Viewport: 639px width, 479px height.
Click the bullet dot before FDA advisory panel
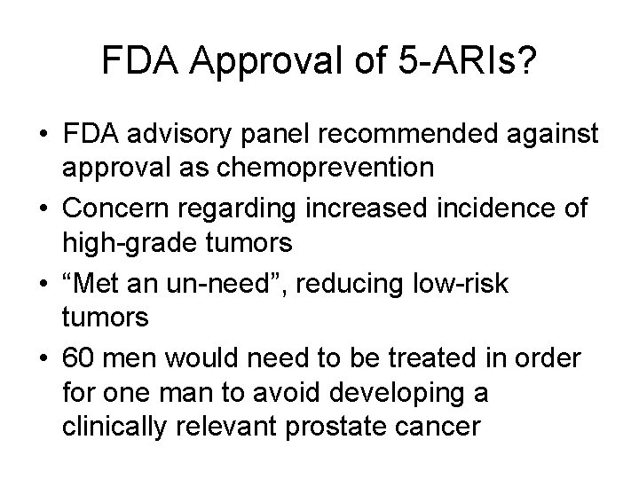(43, 136)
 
